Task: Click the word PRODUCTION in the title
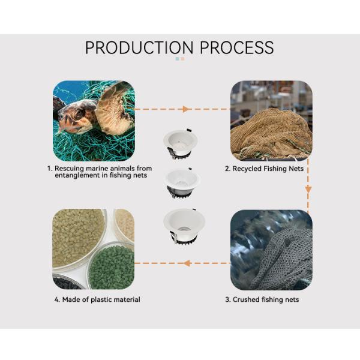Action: pos(139,47)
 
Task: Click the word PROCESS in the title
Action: pos(237,47)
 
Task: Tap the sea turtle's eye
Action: pos(80,113)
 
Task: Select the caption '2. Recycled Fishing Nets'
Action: pos(264,169)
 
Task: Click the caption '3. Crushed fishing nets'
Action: pos(262,299)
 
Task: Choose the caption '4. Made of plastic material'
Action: pos(97,299)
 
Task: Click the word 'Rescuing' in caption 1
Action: pos(69,168)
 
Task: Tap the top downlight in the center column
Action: pos(180,144)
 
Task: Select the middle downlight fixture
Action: pos(182,183)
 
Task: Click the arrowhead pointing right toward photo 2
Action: pos(186,109)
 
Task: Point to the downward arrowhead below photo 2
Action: pos(308,190)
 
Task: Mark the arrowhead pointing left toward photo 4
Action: pos(187,263)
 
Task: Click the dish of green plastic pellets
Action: pos(112,266)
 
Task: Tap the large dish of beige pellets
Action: pos(78,239)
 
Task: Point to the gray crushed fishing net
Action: pos(286,259)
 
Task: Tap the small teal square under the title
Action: pos(177,59)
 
